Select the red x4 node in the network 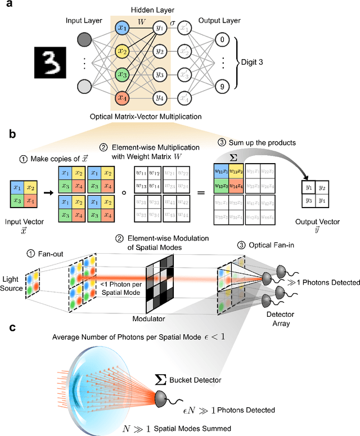tap(121, 99)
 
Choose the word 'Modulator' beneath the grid tap(165, 318)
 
